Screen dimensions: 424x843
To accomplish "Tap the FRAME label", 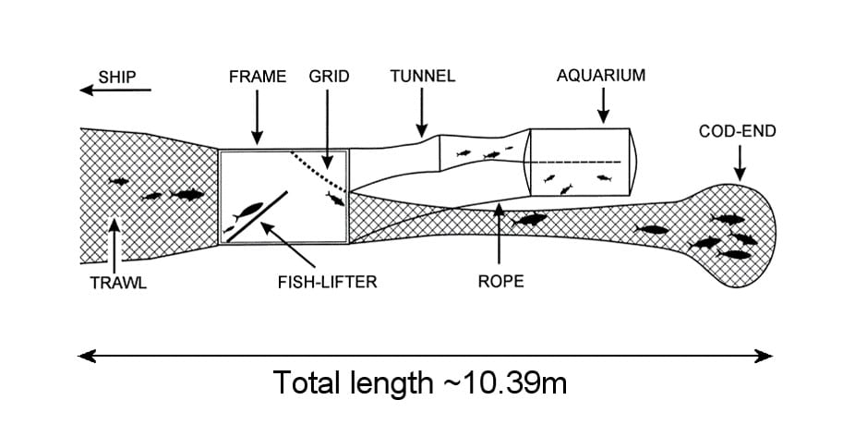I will pos(258,77).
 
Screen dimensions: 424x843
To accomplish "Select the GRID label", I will pos(329,77).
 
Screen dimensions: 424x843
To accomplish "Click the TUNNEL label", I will pos(423,77).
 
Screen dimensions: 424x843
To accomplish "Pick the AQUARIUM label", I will pos(601,77).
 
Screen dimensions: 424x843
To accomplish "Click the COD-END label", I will pos(738,132).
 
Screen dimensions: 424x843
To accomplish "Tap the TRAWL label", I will pos(117,284).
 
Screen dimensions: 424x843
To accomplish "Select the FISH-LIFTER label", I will pos(328,283).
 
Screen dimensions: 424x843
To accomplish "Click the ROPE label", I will pos(500,282).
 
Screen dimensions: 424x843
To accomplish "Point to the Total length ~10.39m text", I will pos(420,382).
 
